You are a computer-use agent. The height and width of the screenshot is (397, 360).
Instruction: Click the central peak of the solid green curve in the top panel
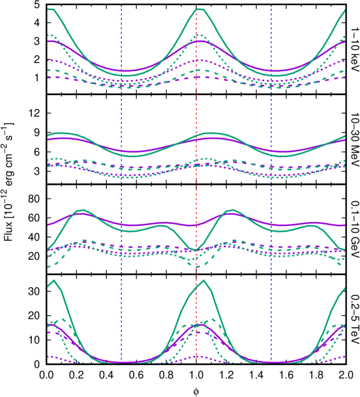(200, 9)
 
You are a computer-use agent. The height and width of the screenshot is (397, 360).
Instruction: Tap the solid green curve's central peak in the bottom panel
(203, 280)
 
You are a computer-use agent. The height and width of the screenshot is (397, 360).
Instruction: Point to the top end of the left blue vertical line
(121, 7)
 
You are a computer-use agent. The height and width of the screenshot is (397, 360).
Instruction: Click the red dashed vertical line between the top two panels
(196, 108)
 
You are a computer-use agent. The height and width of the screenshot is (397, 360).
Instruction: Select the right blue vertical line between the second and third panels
(271, 192)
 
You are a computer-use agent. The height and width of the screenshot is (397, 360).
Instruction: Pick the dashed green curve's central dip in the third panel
(197, 266)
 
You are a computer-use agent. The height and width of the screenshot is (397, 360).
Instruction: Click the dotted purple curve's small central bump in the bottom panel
(196, 357)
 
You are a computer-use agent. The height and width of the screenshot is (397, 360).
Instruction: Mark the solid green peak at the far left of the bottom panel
(54, 280)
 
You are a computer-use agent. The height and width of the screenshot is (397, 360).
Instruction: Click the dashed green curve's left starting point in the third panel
(48, 266)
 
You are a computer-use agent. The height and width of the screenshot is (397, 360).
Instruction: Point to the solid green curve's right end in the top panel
(345, 10)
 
